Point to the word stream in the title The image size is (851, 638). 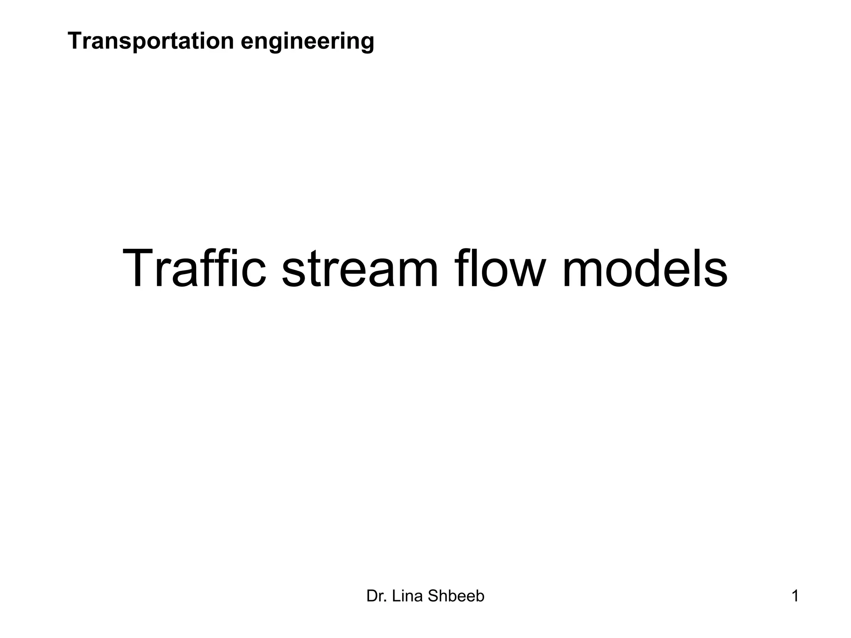pyautogui.click(x=360, y=269)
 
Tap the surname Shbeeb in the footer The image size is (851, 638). pyautogui.click(x=456, y=596)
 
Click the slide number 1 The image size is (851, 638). pyautogui.click(x=795, y=596)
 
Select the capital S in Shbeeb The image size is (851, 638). pyautogui.click(x=433, y=596)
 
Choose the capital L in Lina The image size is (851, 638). pyautogui.click(x=396, y=596)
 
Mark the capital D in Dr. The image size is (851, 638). pyautogui.click(x=371, y=596)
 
